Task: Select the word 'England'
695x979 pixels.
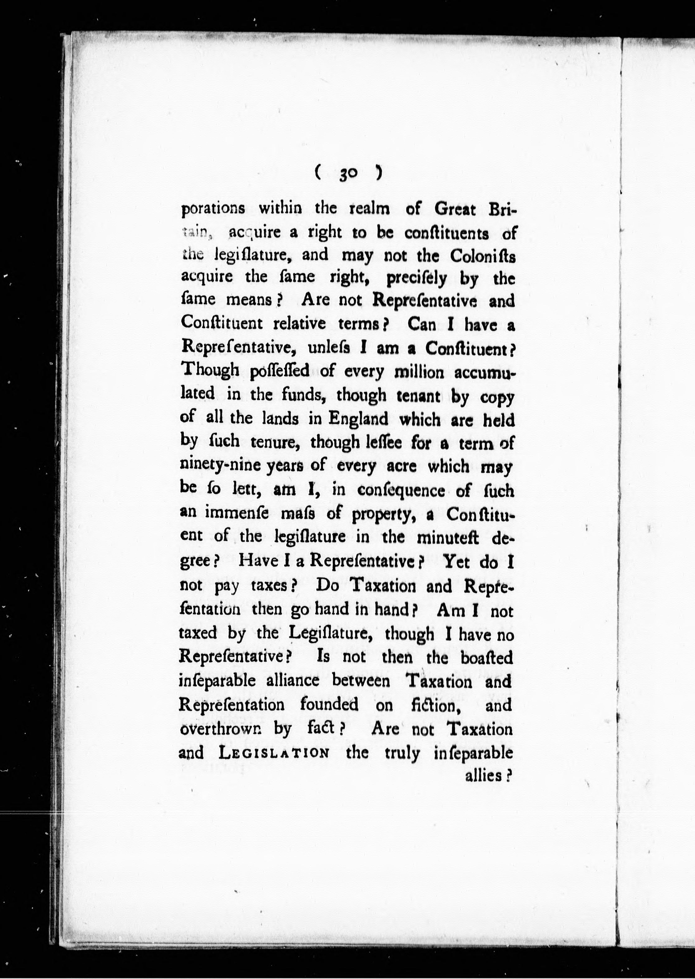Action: pos(358,419)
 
